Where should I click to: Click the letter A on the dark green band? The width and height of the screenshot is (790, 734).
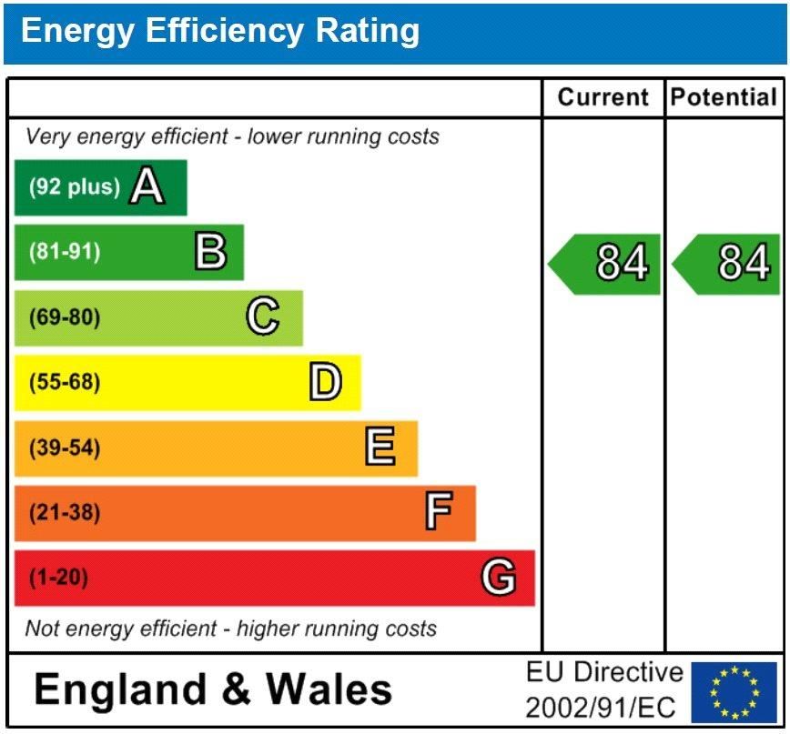[147, 187]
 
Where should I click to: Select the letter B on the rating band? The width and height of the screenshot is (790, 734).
[210, 252]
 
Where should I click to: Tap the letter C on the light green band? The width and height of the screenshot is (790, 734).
[262, 317]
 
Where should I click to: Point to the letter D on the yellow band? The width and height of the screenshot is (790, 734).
[325, 383]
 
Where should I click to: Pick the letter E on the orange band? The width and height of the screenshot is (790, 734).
[380, 447]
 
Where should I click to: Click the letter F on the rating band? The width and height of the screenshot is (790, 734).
[438, 513]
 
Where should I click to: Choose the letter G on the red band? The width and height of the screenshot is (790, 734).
[498, 578]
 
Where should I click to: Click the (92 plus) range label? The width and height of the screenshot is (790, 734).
[75, 187]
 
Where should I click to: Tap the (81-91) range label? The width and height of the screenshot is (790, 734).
[65, 252]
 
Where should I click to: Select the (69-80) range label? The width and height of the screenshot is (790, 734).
[65, 317]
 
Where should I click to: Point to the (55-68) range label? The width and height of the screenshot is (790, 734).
[65, 383]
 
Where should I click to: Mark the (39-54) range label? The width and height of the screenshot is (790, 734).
[65, 448]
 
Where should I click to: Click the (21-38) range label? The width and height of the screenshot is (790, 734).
[65, 513]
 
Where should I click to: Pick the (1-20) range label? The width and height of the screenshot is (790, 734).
[59, 578]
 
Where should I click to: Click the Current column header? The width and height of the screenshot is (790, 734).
[603, 98]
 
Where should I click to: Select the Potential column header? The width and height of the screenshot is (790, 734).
[724, 98]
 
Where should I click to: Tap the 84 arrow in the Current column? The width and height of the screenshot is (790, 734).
[606, 264]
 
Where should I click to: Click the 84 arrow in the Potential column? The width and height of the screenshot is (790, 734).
[728, 264]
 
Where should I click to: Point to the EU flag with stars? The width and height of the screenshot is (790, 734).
[734, 692]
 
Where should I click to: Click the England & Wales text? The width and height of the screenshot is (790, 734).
[213, 690]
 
